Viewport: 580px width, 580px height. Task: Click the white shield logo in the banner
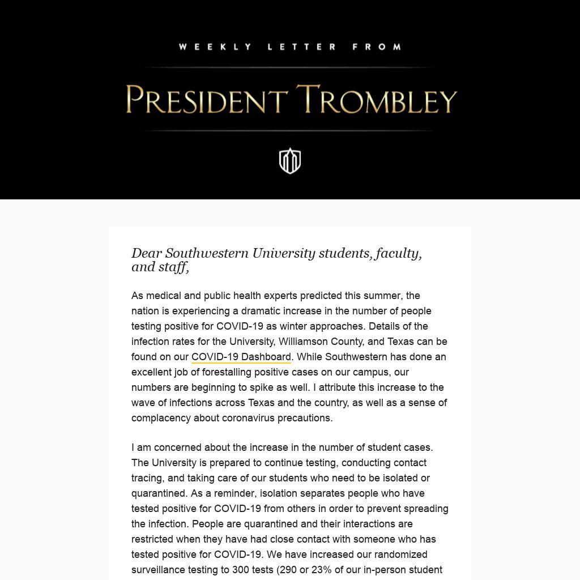pos(290,161)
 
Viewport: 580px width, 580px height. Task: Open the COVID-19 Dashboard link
pos(241,357)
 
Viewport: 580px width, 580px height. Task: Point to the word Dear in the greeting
pos(147,253)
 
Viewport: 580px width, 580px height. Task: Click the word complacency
pos(161,418)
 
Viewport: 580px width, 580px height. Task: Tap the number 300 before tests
pos(241,570)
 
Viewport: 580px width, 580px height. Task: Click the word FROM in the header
pos(377,47)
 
